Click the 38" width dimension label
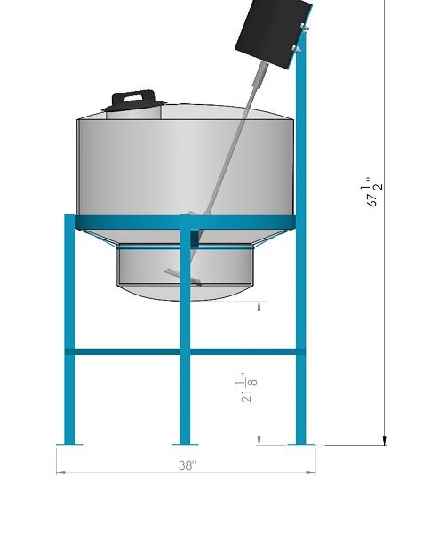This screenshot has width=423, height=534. [188, 465]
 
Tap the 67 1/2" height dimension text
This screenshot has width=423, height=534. [372, 191]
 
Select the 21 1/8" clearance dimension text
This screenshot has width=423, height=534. [247, 388]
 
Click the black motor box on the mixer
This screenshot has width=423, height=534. [273, 32]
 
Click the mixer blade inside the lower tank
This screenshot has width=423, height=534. [182, 277]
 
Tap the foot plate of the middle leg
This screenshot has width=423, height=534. [185, 444]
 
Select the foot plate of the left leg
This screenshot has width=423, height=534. [69, 444]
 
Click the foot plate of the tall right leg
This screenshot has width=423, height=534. [301, 444]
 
